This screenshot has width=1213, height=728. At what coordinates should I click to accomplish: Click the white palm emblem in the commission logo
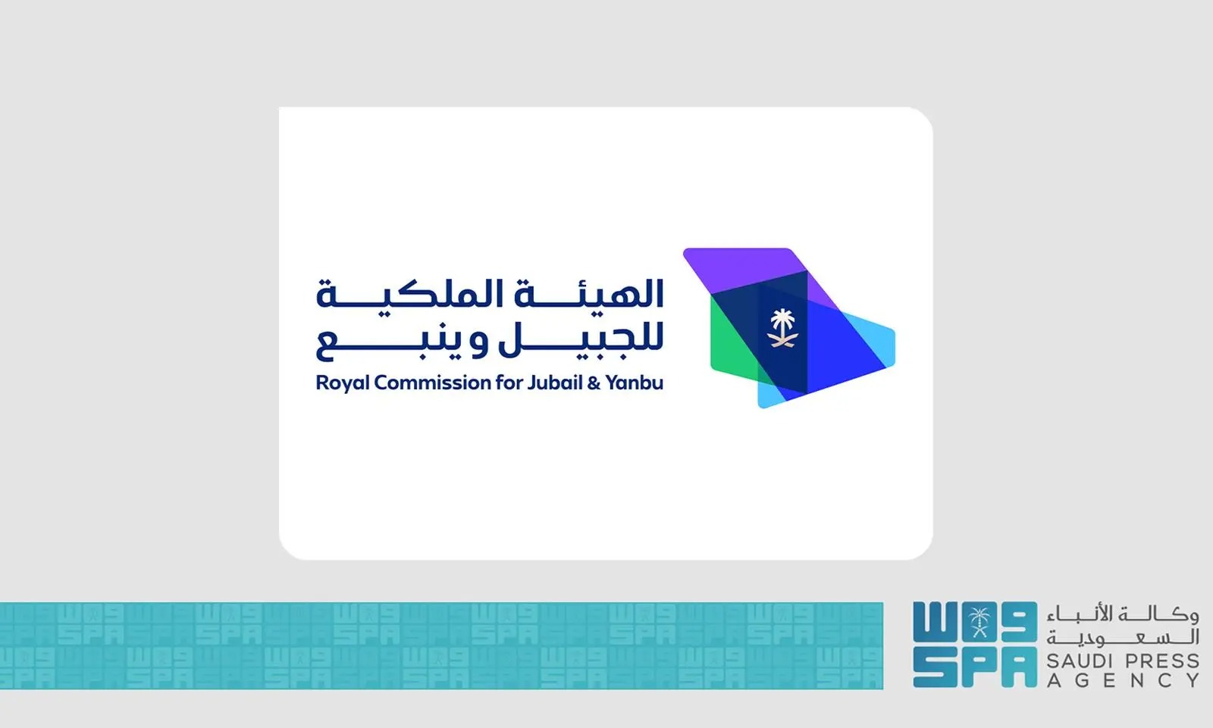(x=782, y=328)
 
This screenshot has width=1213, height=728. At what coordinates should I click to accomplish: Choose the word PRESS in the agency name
(x=1162, y=661)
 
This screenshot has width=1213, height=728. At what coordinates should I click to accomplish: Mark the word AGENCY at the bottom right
(x=1123, y=680)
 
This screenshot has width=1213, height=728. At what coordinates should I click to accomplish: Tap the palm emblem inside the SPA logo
(x=979, y=623)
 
